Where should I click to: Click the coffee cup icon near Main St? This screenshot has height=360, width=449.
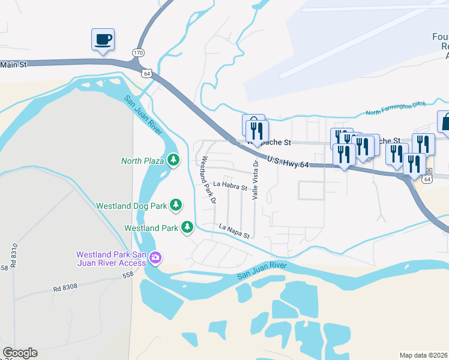(x=102, y=40)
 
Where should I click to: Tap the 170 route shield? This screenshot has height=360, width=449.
(x=139, y=53)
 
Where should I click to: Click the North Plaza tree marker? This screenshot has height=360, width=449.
(x=173, y=160)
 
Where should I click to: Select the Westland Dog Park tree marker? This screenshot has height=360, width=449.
(x=176, y=205)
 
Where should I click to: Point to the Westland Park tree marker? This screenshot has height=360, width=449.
(x=187, y=227)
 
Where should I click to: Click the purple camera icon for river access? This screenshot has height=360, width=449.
(x=156, y=258)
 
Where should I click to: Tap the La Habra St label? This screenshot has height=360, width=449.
(x=231, y=186)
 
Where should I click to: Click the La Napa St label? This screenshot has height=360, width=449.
(x=234, y=232)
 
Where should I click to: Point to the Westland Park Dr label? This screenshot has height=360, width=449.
(x=208, y=180)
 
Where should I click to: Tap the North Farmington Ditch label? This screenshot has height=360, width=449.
(x=396, y=109)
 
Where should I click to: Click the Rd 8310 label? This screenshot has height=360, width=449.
(x=13, y=255)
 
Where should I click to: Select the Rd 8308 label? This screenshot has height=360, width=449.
(x=65, y=288)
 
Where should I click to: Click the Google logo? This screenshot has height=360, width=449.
(x=20, y=353)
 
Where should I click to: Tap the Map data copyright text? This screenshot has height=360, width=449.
(x=424, y=355)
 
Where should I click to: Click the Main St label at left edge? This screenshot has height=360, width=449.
(x=13, y=64)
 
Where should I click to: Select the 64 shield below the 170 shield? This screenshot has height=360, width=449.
(x=146, y=73)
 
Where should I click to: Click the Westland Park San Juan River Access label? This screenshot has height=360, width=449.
(x=111, y=259)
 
